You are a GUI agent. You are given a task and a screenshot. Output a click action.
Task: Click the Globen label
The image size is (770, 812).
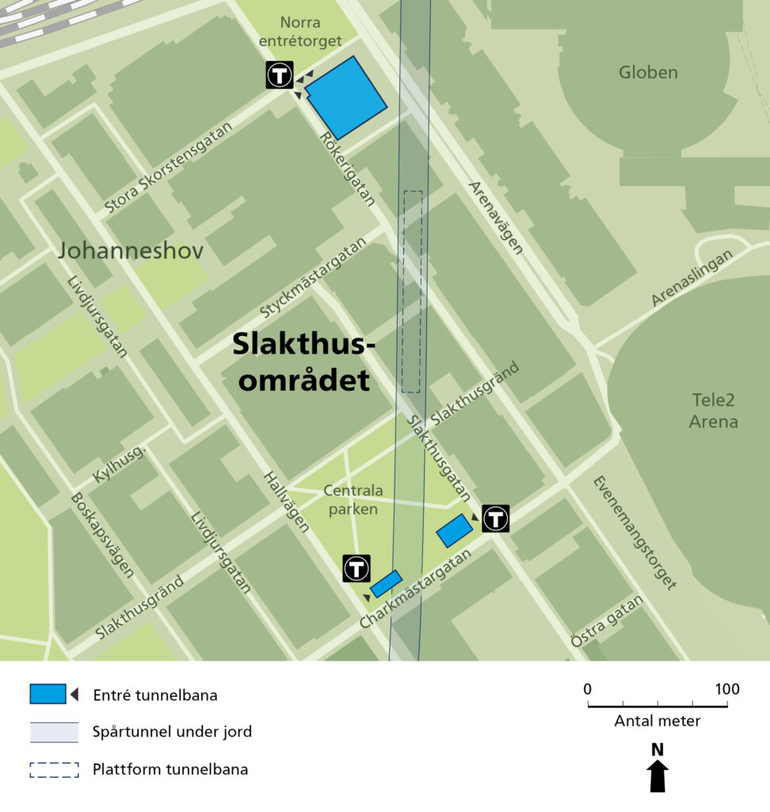pyautogui.click(x=648, y=73)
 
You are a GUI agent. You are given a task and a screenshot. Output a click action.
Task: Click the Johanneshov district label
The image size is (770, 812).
pyautogui.click(x=131, y=251)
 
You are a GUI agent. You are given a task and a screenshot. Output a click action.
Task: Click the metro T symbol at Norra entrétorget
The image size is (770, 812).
pyautogui.click(x=280, y=75)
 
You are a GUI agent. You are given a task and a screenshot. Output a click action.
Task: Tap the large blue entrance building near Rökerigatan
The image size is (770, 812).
pyautogui.click(x=345, y=98)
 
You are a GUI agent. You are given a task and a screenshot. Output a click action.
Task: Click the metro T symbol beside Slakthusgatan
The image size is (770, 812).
pyautogui.click(x=496, y=519)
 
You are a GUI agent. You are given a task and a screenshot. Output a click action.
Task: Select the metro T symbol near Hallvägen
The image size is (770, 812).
pyautogui.click(x=356, y=569)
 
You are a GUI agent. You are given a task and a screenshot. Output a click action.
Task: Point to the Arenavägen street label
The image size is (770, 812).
pyautogui.click(x=496, y=217)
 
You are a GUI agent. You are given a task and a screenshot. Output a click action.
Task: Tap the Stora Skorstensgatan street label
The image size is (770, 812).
pyautogui.click(x=168, y=167)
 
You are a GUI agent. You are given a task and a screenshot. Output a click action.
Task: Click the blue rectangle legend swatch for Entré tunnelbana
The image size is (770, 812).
pyautogui.click(x=48, y=694)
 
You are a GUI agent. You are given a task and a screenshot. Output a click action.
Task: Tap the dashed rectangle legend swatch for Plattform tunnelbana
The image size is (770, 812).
pyautogui.click(x=54, y=769)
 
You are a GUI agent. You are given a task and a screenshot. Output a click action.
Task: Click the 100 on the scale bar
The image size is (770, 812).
pyautogui.click(x=726, y=689)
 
